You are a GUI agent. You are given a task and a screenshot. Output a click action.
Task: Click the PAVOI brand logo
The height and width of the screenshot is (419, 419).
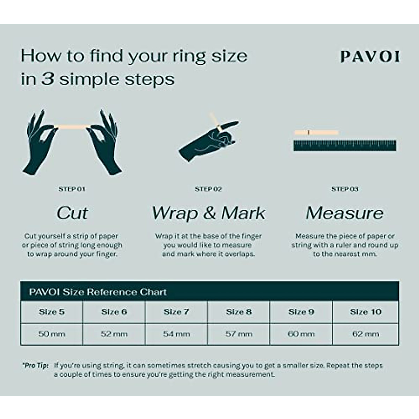pyautogui.click(x=370, y=57)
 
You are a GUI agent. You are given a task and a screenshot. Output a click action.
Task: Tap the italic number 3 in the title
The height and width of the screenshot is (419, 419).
pyautogui.click(x=48, y=79)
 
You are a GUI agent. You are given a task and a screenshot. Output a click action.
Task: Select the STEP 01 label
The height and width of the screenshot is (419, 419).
pyautogui.click(x=72, y=189)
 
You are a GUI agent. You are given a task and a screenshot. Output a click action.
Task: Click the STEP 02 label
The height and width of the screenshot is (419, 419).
pyautogui.click(x=208, y=189)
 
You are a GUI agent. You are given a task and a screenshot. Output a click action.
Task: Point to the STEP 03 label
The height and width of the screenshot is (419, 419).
pyautogui.click(x=345, y=189)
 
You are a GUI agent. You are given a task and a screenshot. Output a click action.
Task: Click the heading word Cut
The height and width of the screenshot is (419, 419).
pyautogui.click(x=72, y=213)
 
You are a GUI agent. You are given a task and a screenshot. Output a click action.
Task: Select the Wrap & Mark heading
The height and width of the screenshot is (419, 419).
pyautogui.click(x=208, y=213)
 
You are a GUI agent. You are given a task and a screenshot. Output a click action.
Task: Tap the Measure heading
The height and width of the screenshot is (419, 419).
pyautogui.click(x=345, y=213)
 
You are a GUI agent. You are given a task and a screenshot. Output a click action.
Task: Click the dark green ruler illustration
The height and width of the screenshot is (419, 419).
pyautogui.click(x=345, y=146)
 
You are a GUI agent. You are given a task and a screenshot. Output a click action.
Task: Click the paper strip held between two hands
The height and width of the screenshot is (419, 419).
pyautogui.click(x=72, y=126)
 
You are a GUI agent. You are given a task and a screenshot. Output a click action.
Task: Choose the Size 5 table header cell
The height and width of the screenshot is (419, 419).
pyautogui.click(x=52, y=312)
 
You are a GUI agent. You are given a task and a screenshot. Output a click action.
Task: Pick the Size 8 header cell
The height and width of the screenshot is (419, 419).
pyautogui.click(x=238, y=312)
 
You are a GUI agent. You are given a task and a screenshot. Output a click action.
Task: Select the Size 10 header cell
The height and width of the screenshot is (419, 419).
pyautogui.click(x=366, y=312)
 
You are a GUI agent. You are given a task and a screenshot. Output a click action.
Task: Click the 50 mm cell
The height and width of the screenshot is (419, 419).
pyautogui.click(x=52, y=334)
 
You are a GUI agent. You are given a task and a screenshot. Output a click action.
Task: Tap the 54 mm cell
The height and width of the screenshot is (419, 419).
pyautogui.click(x=176, y=334)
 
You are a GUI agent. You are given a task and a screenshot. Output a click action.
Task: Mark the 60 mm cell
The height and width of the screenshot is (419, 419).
pyautogui.click(x=301, y=334)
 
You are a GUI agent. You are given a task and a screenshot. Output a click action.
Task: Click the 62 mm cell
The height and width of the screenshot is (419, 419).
pyautogui.click(x=366, y=334)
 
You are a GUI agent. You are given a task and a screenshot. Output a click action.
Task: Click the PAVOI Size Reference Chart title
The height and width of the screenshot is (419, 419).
pyautogui.click(x=98, y=292)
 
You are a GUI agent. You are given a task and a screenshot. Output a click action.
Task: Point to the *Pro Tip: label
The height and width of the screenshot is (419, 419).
pyautogui.click(x=35, y=366)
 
